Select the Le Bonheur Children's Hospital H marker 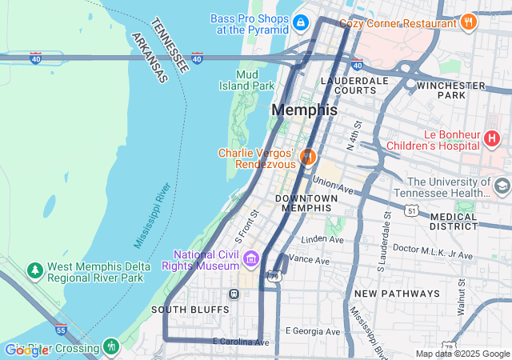[x=493, y=139]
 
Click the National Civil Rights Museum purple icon [x=251, y=258]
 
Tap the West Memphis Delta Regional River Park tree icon [x=35, y=271]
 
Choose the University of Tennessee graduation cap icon [x=502, y=187]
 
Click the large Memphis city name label [x=304, y=110]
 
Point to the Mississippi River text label [x=153, y=215]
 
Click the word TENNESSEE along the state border [x=170, y=45]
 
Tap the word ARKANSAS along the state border [x=149, y=58]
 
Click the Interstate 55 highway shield [x=61, y=329]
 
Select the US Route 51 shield [x=411, y=210]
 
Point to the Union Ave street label [x=333, y=186]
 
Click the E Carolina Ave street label [x=241, y=342]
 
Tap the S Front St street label [x=248, y=226]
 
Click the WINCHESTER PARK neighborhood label [x=451, y=90]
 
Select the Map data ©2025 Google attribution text [x=462, y=354]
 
